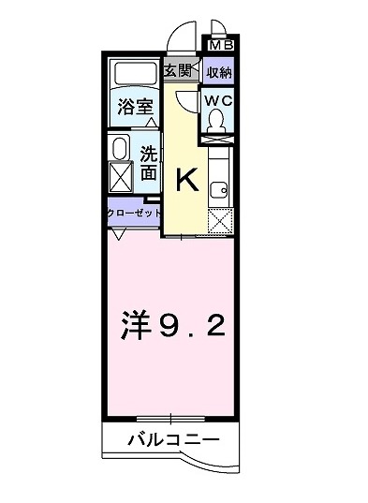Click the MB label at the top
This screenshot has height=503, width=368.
click(x=222, y=43)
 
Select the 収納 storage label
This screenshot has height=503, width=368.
click(x=219, y=72)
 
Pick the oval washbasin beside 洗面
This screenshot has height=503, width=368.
click(x=121, y=149)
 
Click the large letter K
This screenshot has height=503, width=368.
click(x=185, y=180)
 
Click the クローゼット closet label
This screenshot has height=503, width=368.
click(x=132, y=214)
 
